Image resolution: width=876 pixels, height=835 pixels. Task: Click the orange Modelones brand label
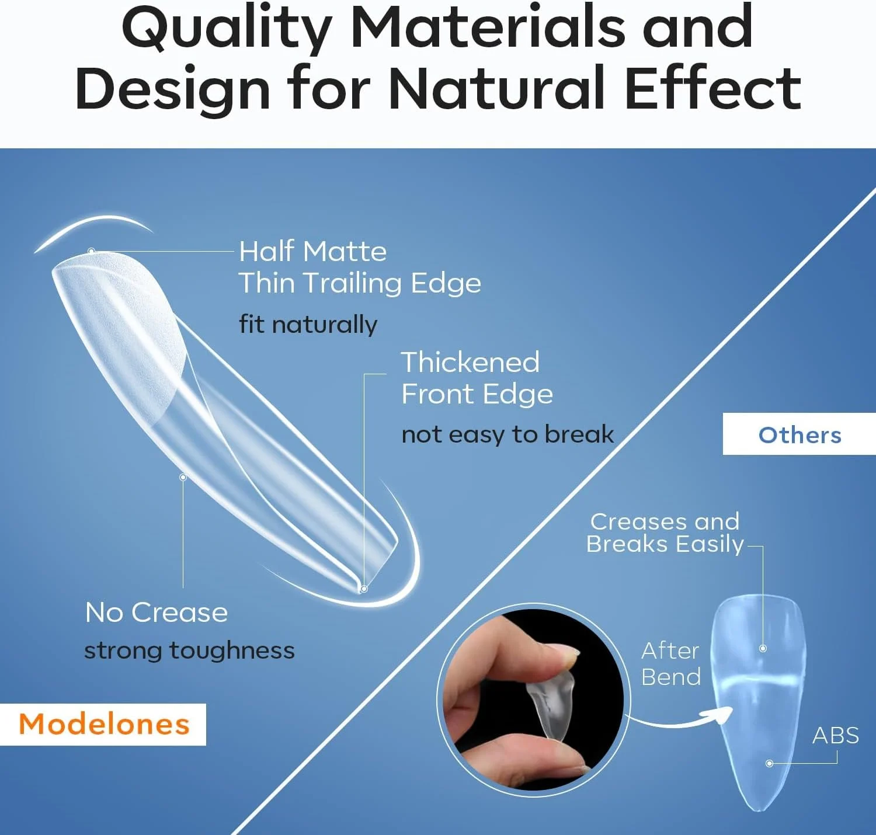point(104,724)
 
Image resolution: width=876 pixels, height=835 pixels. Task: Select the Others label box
point(799,434)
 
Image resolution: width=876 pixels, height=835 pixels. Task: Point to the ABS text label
point(836,736)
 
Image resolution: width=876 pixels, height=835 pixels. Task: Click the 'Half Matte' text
point(313,251)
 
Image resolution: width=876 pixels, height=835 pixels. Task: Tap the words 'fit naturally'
point(308,324)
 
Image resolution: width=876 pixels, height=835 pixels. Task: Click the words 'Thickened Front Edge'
point(477,377)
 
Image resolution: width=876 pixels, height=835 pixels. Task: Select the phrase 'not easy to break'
point(507,434)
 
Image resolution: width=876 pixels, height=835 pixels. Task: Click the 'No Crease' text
point(157,612)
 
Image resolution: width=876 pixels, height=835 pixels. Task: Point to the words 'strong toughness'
point(189,650)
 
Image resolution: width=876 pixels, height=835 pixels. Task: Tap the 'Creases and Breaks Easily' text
point(665,533)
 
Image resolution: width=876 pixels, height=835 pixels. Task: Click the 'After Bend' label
point(670,664)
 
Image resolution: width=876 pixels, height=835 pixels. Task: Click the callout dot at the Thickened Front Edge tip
point(364,589)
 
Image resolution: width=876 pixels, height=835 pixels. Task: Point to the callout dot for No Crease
point(183,477)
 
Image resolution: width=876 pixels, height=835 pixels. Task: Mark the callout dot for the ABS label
point(769,763)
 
